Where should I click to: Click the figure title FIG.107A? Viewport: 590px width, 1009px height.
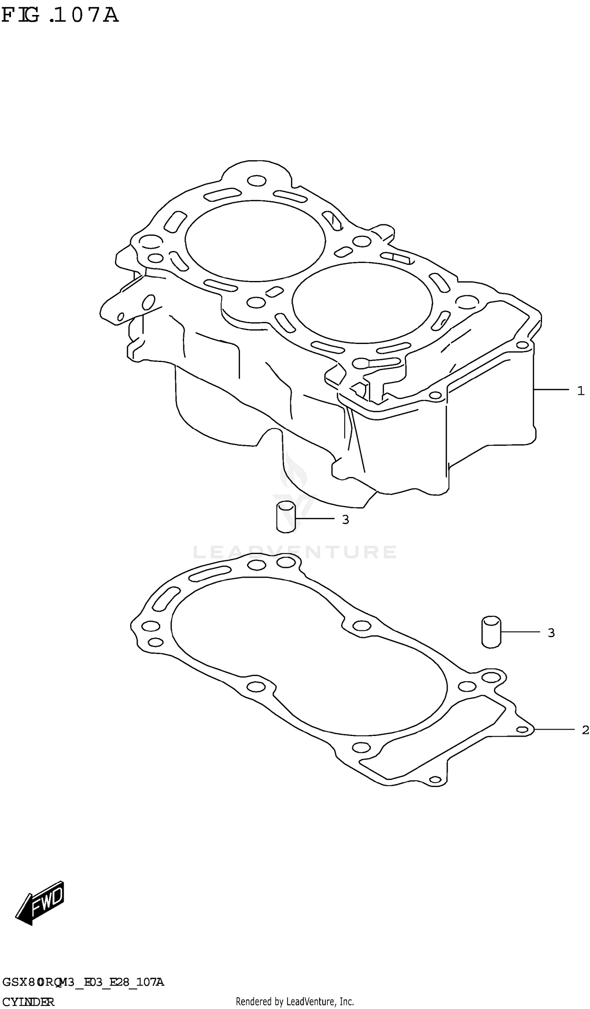click(60, 15)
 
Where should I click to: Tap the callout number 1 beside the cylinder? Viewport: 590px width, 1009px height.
click(581, 390)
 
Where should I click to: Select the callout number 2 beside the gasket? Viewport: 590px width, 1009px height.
click(585, 730)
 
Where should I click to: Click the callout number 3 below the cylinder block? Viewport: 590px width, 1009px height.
click(345, 520)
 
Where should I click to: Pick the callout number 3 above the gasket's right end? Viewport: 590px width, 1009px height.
click(551, 633)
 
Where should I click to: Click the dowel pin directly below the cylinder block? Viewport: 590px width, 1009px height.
click(286, 517)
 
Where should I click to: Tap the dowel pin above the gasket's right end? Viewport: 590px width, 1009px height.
click(491, 632)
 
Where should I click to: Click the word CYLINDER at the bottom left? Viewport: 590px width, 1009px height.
click(28, 1002)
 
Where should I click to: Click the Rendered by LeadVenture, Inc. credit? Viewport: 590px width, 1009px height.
click(295, 1002)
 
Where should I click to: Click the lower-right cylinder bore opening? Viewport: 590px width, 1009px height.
click(362, 303)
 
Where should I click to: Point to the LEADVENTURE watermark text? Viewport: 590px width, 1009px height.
click(295, 552)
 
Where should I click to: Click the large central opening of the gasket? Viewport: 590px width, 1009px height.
click(308, 657)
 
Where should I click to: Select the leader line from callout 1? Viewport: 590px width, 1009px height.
click(551, 389)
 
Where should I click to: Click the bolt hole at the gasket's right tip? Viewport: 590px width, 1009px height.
click(522, 730)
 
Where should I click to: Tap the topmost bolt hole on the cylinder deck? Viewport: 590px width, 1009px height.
click(256, 181)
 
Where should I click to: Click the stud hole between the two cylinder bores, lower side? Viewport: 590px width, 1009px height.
click(256, 302)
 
